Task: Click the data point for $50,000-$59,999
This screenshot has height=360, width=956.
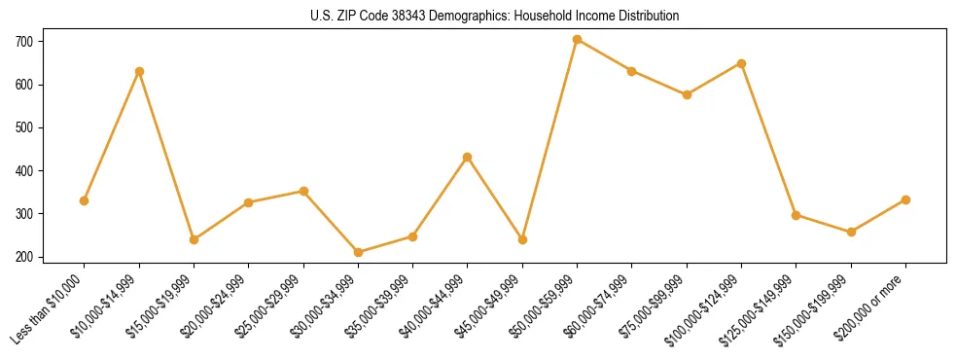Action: [577, 40]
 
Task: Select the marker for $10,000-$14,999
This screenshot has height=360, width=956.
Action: [139, 71]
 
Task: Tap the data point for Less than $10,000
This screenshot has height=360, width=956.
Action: [85, 200]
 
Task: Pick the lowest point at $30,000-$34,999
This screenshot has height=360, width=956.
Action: [358, 252]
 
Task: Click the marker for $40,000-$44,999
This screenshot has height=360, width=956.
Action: [468, 157]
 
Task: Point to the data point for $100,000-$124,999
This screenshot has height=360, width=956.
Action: [741, 63]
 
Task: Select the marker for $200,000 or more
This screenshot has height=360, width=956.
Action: [905, 199]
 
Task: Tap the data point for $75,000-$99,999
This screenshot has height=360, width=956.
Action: [687, 94]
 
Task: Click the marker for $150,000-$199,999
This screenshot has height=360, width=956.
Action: [851, 232]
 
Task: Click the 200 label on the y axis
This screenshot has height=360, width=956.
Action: [21, 257]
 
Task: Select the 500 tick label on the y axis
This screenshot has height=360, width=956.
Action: [21, 127]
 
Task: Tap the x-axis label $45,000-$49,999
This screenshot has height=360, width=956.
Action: [489, 305]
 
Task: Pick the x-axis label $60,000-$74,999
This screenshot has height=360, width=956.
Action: [599, 305]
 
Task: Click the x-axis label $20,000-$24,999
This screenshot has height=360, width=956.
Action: [216, 305]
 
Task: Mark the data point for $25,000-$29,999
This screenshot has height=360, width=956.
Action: [303, 191]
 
